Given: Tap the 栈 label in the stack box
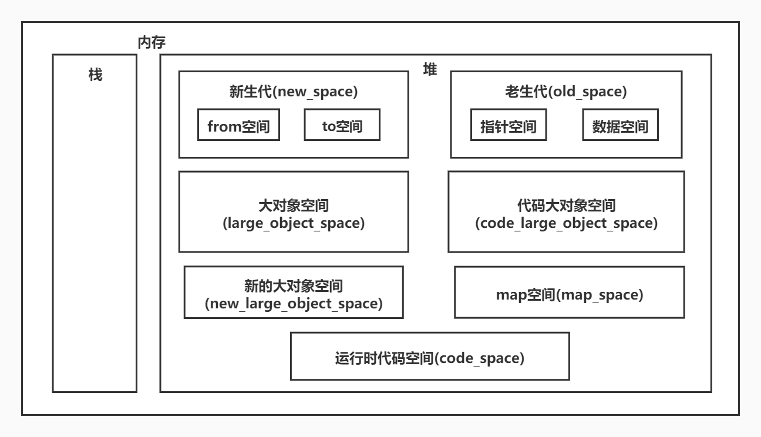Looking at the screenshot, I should point(95,75).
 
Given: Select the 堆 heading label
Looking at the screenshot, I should point(430,69).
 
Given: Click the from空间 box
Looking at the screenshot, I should point(238,125).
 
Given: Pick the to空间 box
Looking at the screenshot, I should point(342,125).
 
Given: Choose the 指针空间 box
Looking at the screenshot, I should point(508,125).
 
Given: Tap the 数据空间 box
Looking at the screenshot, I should point(620,125).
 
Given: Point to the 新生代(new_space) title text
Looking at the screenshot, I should point(294,92).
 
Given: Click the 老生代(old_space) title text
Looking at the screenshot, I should point(566,92).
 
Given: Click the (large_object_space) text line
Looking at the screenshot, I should point(293,224).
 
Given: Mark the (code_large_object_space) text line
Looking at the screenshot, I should point(566,224).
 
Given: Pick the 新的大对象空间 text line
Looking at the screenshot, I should point(294,286).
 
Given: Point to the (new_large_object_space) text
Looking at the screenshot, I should point(294,304).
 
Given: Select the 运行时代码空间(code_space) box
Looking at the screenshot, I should point(430,357).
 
